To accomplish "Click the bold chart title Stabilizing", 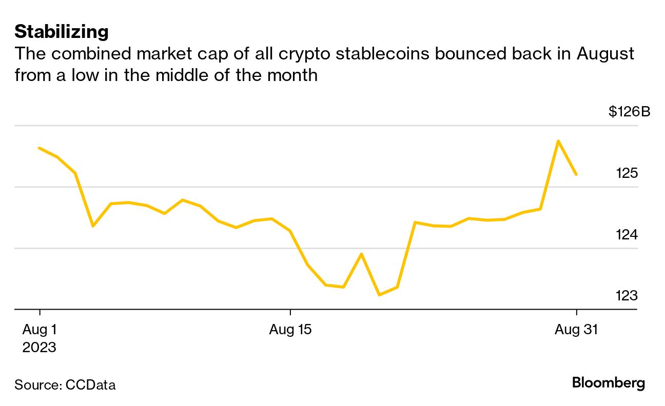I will coord(62,32).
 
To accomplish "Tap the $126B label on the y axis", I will coord(629,111).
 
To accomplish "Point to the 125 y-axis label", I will coord(627,173).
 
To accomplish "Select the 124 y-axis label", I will coord(627,235).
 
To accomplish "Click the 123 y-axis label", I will coord(627,296).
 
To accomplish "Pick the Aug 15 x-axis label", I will coord(290,330).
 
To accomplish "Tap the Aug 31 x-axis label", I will coord(576,330).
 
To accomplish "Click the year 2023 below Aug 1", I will coord(39,347).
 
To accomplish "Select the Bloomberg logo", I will coord(608,383).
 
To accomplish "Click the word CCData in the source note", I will coord(90,385).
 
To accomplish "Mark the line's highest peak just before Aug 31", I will coord(558,140).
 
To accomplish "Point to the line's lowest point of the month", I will coord(379,295).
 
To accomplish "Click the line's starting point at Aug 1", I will coord(40,148).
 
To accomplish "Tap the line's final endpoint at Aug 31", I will coord(576,174).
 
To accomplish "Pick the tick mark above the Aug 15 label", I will coord(290,313).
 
